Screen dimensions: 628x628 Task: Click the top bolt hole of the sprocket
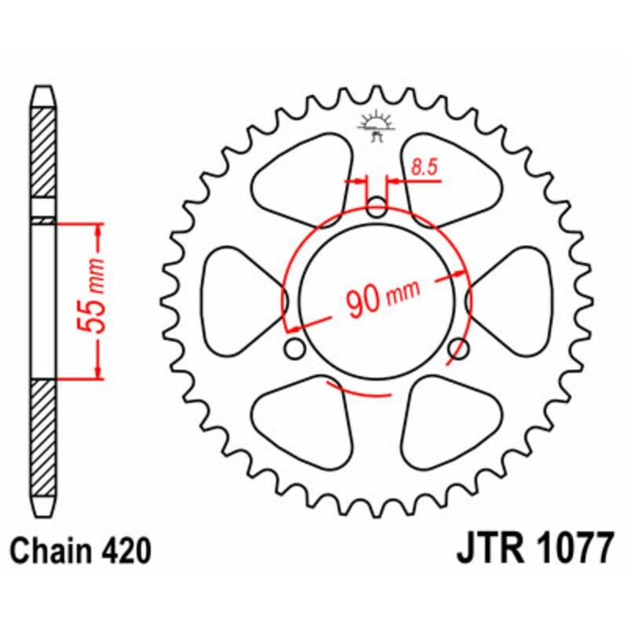377,210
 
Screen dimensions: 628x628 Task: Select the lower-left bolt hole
295,348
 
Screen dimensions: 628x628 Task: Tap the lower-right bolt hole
458,348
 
